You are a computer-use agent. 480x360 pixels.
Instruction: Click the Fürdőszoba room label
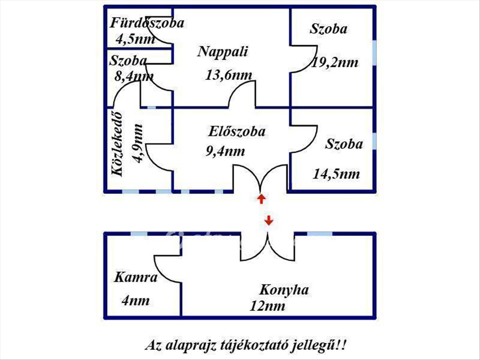(147, 23)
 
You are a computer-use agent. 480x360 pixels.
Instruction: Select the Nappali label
(223, 52)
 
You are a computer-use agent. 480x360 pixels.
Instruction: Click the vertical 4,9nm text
(138, 143)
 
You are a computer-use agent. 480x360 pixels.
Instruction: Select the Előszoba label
(236, 132)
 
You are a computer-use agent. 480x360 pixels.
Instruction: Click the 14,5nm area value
(336, 174)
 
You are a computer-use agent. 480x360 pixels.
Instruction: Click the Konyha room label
(284, 290)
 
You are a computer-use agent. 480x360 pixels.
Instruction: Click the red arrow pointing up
(261, 199)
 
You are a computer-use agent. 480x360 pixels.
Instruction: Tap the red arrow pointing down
(269, 220)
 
